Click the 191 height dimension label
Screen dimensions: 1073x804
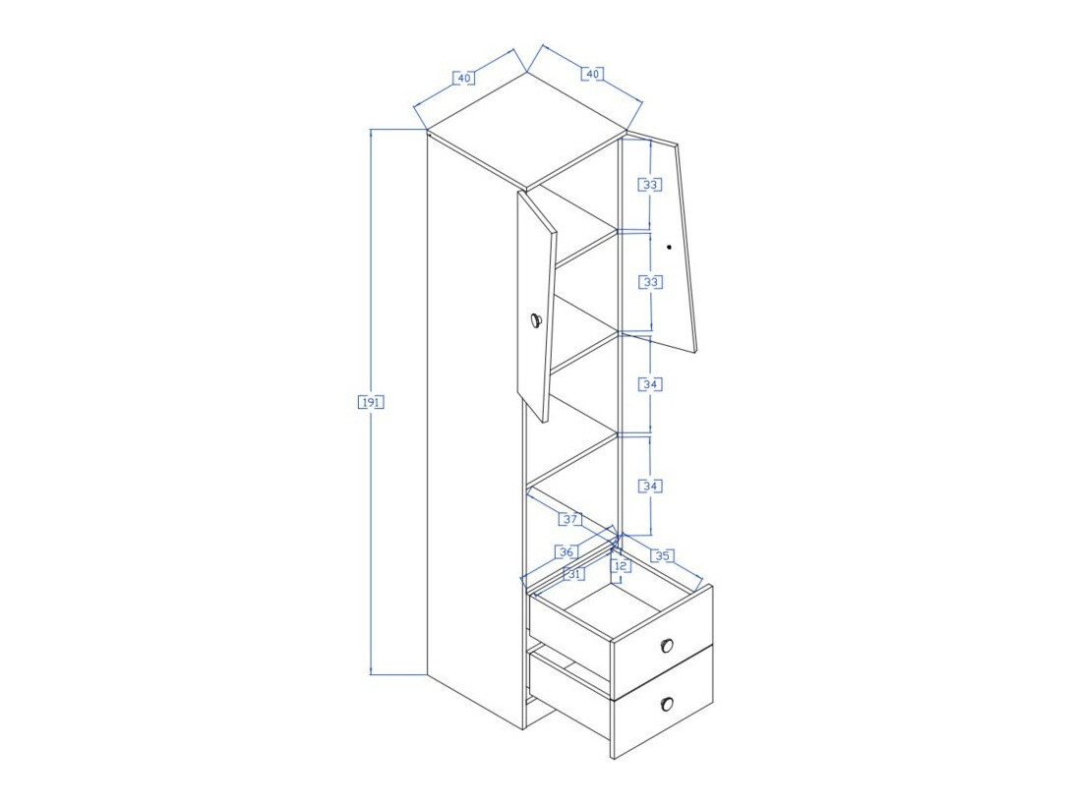pyautogui.click(x=371, y=402)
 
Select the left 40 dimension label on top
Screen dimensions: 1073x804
pyautogui.click(x=464, y=78)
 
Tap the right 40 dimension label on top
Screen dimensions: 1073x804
pyautogui.click(x=593, y=73)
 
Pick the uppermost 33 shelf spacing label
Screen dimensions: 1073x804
pyautogui.click(x=650, y=185)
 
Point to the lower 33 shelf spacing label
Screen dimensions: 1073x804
pyautogui.click(x=650, y=282)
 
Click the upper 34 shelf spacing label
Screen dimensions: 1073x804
pyautogui.click(x=650, y=384)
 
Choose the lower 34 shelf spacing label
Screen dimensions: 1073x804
pyautogui.click(x=650, y=487)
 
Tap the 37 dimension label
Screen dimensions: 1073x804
pyautogui.click(x=570, y=518)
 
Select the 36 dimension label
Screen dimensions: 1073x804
pyautogui.click(x=566, y=551)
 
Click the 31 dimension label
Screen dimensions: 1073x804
pyautogui.click(x=574, y=574)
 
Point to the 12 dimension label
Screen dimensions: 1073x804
pyautogui.click(x=621, y=566)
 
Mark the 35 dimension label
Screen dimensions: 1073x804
pyautogui.click(x=662, y=555)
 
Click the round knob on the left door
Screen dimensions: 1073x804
pyautogui.click(x=535, y=320)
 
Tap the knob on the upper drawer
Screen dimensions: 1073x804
pyautogui.click(x=667, y=645)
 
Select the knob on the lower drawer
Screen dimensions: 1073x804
pyautogui.click(x=667, y=704)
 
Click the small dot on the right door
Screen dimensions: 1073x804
pyautogui.click(x=669, y=247)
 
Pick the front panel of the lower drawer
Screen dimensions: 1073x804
pyautogui.click(x=663, y=703)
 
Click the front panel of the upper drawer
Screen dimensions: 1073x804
pyautogui.click(x=663, y=643)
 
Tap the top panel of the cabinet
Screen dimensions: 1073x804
pyautogui.click(x=527, y=130)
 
